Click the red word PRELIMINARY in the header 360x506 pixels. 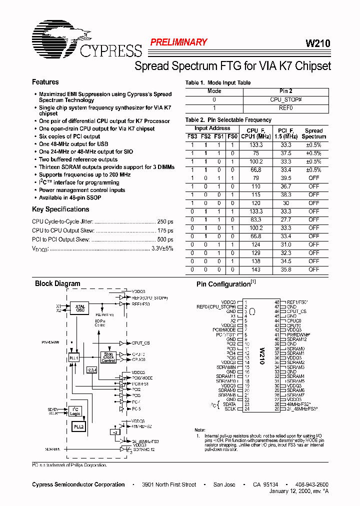178,42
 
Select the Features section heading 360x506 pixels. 45,82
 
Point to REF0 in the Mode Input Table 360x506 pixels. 286,107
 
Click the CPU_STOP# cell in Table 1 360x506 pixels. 286,99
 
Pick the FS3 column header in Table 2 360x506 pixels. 192,136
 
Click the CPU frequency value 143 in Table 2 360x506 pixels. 255,269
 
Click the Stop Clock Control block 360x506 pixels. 109,357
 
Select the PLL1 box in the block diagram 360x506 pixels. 73,358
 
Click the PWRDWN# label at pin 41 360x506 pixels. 298,334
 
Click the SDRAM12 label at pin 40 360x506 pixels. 296,339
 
